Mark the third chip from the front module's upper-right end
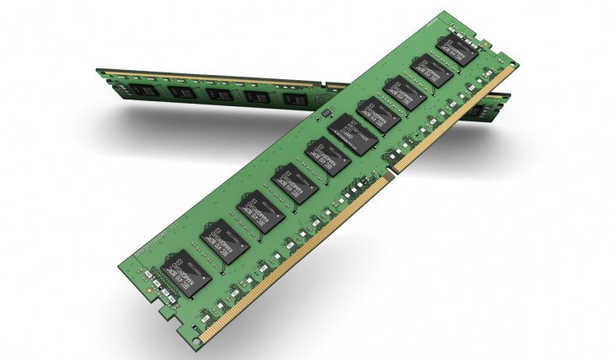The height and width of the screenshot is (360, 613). [x=404, y=95]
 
